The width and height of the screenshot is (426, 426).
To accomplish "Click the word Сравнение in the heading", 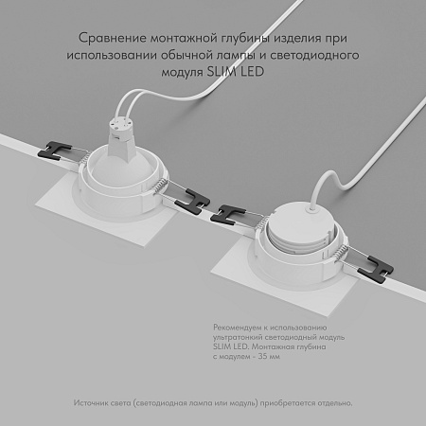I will [106, 39].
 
